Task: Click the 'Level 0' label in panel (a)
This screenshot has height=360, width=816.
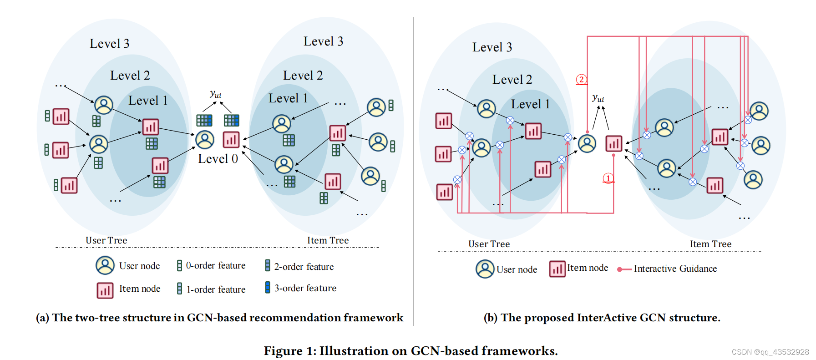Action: pos(218,159)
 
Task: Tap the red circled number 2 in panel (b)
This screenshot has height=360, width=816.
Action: pos(581,79)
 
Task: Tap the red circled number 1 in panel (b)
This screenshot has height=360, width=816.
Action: pos(608,178)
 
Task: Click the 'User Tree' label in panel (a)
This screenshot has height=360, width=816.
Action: pos(106,240)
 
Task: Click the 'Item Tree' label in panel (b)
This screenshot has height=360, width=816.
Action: pos(710,244)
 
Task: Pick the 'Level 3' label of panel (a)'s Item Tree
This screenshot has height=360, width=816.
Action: pos(323,41)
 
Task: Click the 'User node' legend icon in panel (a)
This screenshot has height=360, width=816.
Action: pos(105,265)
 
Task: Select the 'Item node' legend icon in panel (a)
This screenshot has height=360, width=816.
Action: pos(105,290)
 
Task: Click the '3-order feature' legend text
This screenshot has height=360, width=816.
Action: pos(305,288)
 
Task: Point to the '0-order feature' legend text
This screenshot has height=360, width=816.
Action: pos(215,265)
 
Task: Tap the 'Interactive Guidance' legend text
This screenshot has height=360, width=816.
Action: pos(675,269)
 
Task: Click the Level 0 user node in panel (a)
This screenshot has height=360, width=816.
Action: pos(205,140)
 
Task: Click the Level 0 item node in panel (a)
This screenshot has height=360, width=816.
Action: pos(231,139)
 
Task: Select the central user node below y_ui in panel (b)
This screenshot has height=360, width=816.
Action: pos(587,143)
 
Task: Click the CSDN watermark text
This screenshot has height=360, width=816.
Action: pos(770,352)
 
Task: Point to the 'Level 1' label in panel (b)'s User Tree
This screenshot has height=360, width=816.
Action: pos(530,104)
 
